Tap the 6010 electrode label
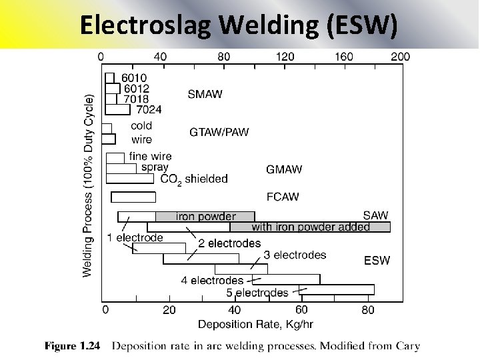click(134, 77)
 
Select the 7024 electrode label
click(149, 109)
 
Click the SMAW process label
click(205, 94)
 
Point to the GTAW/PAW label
click(219, 132)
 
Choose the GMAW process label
click(284, 169)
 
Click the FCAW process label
click(283, 197)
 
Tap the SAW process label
click(375, 215)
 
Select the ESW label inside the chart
click(377, 260)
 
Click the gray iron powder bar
click(205, 216)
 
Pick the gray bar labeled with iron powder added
click(310, 227)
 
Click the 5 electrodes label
click(257, 293)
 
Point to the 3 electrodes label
click(295, 255)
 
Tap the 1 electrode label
click(135, 237)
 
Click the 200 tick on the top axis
click(400, 57)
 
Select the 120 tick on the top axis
click(285, 57)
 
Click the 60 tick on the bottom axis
click(301, 310)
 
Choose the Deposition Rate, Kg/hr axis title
click(255, 325)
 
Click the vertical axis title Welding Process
click(88, 185)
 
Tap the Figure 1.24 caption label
click(71, 346)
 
